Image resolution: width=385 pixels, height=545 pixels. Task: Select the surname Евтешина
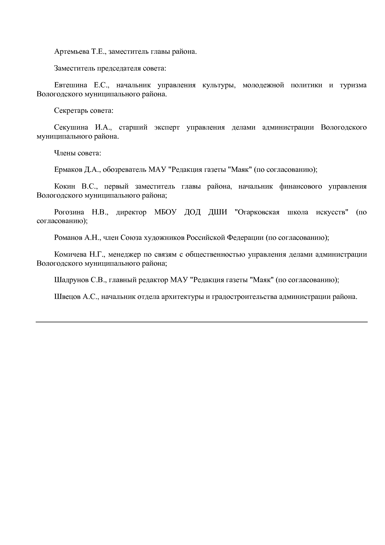click(x=70, y=85)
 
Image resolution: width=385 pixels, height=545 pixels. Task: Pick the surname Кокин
click(x=65, y=186)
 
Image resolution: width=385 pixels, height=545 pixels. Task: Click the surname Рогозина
click(x=69, y=212)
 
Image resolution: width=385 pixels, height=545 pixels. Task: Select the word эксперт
click(x=167, y=127)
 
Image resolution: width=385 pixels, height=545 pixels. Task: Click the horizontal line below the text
click(x=202, y=322)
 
